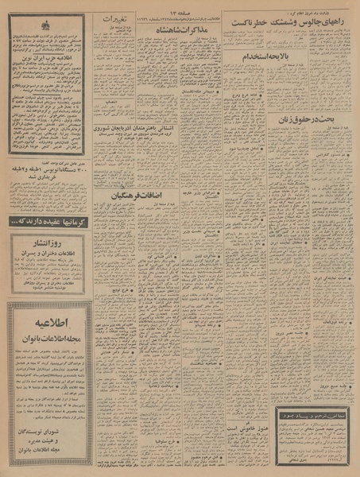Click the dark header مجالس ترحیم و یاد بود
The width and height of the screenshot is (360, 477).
[x=313, y=436]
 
